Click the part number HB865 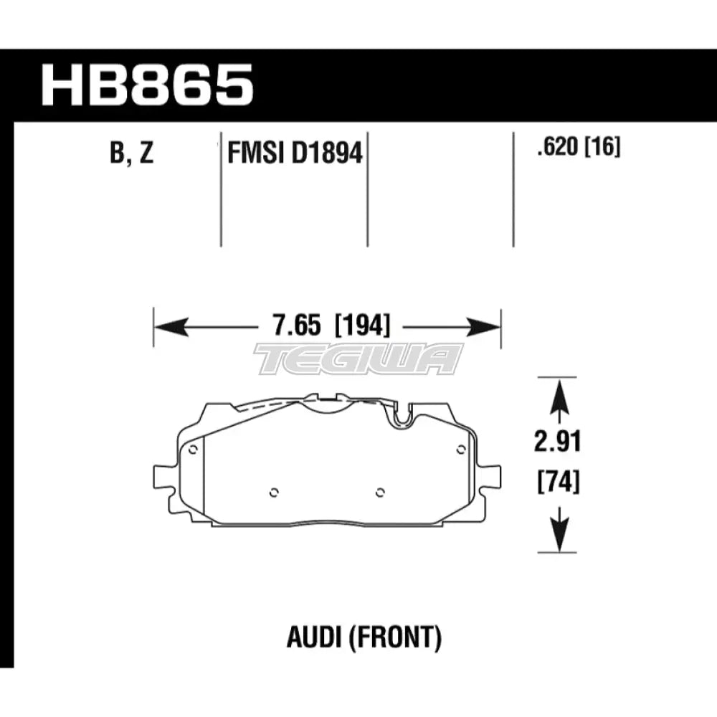(148, 85)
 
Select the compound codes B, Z (132, 153)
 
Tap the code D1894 (327, 153)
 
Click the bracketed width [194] (362, 328)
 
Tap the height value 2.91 (558, 442)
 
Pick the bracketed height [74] (558, 483)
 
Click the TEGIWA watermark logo (358, 358)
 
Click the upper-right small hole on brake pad (460, 450)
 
